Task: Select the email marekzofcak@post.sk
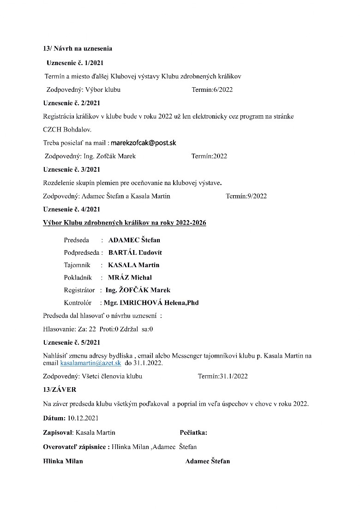pyautogui.click(x=144, y=143)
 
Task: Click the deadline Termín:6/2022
pyautogui.click(x=212, y=90)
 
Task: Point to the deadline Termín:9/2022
pyautogui.click(x=246, y=196)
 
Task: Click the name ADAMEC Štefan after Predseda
pyautogui.click(x=134, y=240)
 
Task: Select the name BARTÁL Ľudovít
pyautogui.click(x=135, y=252)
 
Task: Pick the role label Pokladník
pyautogui.click(x=78, y=277)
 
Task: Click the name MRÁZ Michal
pyautogui.click(x=130, y=277)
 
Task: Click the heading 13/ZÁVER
pyautogui.click(x=60, y=389)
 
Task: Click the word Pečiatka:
pyautogui.click(x=193, y=433)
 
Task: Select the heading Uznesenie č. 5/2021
pyautogui.click(x=72, y=342)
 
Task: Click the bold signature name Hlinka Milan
pyautogui.click(x=63, y=461)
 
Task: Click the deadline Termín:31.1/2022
pyautogui.click(x=222, y=376)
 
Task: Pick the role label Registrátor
pyautogui.click(x=79, y=290)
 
